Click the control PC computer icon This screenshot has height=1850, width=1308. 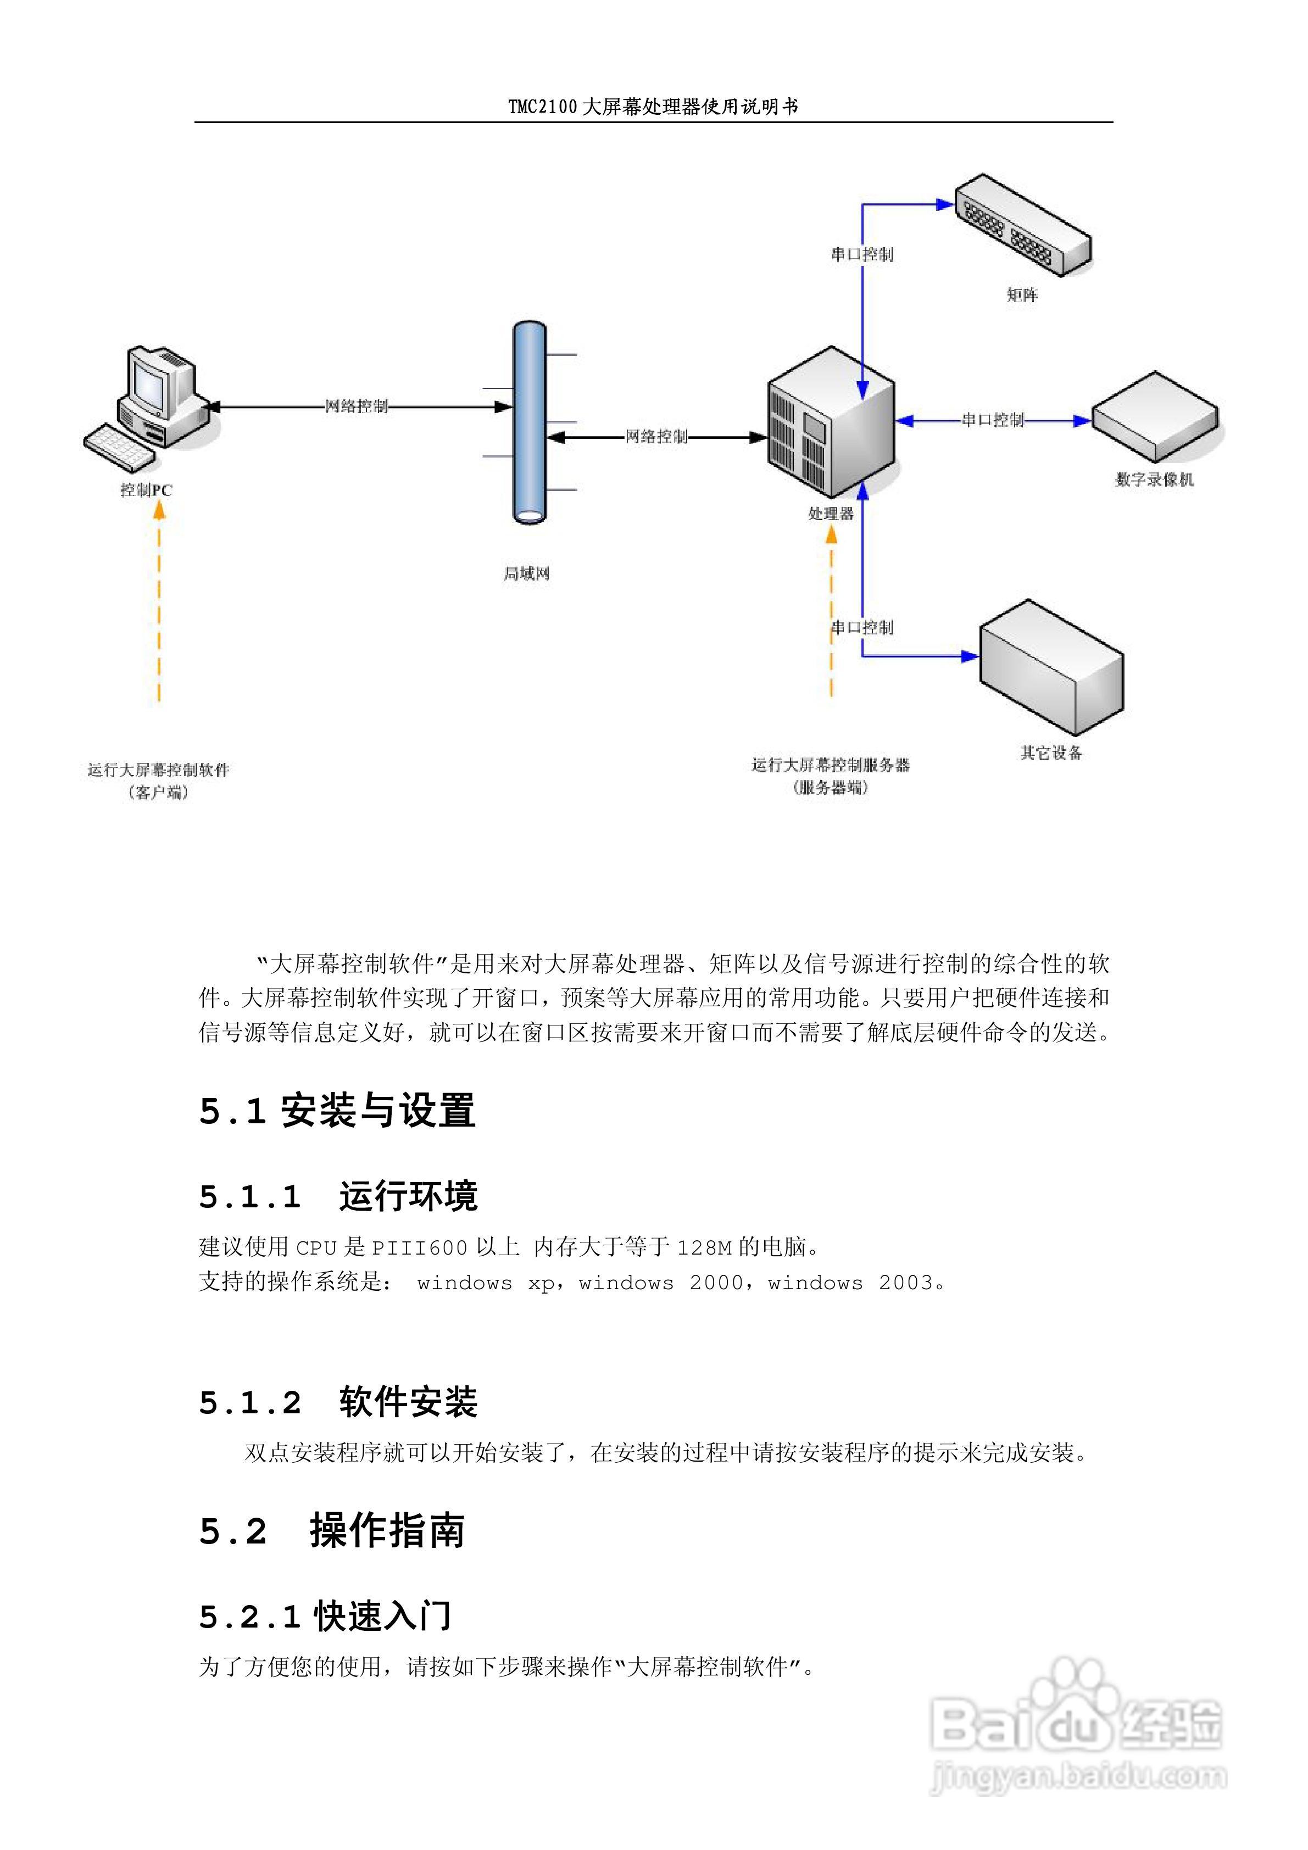(149, 407)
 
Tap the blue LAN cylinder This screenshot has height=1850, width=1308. (530, 423)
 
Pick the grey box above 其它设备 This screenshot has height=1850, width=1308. (1051, 665)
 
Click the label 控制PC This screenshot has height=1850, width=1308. (146, 490)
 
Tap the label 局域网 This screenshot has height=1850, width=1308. (526, 573)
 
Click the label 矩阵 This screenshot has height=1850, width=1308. (1022, 295)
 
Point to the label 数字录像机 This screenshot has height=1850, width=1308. (1154, 480)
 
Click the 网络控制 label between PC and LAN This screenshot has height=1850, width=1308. (356, 406)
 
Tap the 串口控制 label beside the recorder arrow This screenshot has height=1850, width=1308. (992, 420)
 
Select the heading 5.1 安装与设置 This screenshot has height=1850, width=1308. (337, 1111)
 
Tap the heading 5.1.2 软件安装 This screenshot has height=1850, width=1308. (338, 1402)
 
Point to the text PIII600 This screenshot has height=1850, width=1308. (419, 1248)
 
